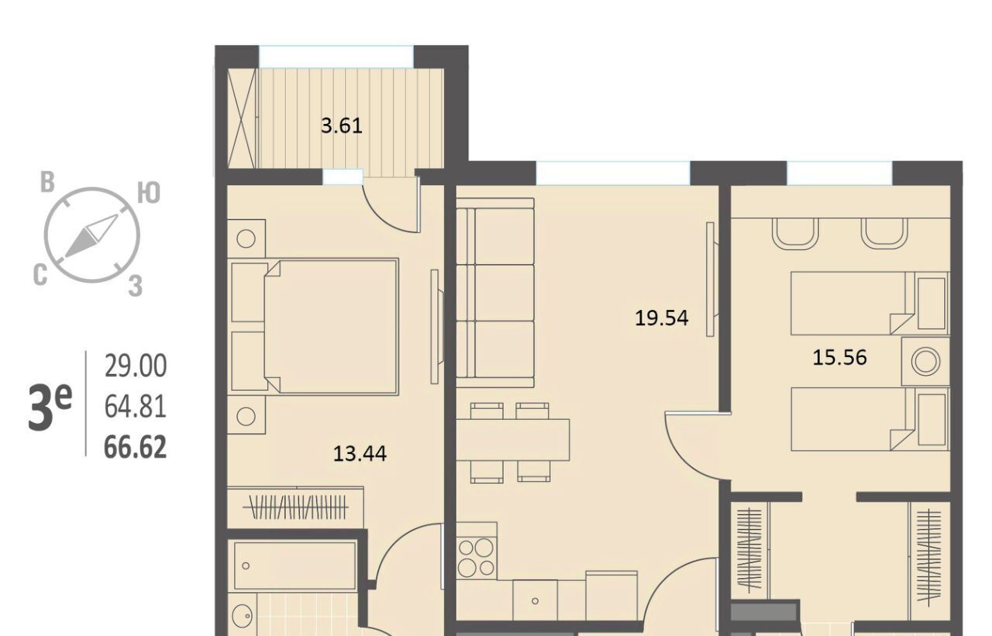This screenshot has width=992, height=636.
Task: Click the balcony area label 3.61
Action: coord(342,126)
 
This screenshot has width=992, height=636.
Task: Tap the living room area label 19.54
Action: coord(662,318)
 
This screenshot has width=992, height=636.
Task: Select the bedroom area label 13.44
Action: coord(360,454)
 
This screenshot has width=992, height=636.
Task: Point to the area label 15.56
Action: coord(839,358)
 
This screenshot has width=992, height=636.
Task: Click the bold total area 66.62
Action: coord(135,447)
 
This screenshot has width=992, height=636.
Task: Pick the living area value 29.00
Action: coord(136,366)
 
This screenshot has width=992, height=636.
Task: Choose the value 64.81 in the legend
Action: coord(136,407)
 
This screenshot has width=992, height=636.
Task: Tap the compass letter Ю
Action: coord(149,194)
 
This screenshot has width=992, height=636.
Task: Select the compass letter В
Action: coord(47,182)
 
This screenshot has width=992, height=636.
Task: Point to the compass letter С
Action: coord(40,275)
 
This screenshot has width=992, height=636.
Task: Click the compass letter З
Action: coord(135,286)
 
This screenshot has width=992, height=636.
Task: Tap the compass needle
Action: coord(91,236)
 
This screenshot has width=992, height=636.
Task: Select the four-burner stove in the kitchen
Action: coord(477,559)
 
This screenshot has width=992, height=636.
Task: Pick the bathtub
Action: coord(295,566)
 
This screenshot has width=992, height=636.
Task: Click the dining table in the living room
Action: coord(513,440)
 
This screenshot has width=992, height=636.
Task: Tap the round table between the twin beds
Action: coord(925,362)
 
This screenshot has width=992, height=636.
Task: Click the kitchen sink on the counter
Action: coord(535,600)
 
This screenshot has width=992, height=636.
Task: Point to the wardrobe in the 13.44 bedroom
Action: coord(295,507)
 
